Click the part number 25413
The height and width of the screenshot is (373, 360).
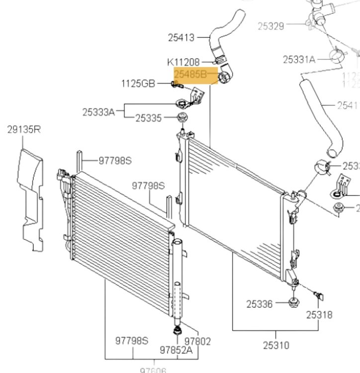182,37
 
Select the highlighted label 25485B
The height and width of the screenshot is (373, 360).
190,74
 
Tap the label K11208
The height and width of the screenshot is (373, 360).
183,62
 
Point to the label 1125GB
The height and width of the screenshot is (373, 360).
138,84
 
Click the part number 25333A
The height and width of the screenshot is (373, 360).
98,112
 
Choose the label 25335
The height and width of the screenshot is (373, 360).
149,118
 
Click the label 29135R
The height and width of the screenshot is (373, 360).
24,130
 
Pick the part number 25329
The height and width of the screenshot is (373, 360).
271,25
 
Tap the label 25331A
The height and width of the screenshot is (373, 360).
299,59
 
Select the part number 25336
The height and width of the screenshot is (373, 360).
260,304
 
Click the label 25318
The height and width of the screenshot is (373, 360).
319,315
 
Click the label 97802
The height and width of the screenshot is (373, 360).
197,341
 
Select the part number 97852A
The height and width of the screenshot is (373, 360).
176,350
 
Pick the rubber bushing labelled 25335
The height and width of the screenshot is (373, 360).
183,118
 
